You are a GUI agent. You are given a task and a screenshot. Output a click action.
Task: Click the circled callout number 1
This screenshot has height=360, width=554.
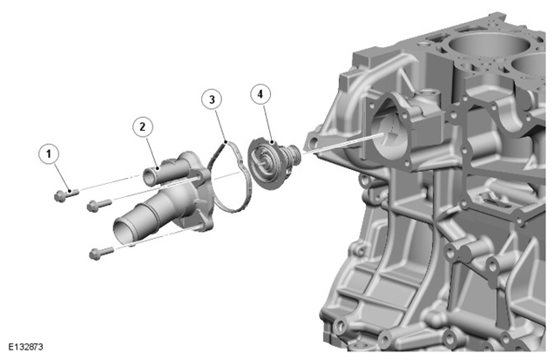[49, 153]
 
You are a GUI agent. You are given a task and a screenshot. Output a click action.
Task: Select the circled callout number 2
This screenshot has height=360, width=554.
[143, 126]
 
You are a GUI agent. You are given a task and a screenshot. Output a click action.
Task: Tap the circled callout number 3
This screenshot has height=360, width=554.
[212, 99]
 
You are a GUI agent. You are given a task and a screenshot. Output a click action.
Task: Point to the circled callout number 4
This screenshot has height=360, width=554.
[260, 94]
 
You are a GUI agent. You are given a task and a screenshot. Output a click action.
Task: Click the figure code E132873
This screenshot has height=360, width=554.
[26, 347]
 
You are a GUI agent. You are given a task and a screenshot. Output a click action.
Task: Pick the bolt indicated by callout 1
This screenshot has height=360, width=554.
[66, 194]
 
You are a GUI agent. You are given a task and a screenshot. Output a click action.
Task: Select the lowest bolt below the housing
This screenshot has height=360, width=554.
[102, 253]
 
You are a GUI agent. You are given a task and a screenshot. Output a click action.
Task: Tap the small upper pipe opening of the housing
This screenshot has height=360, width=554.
[149, 177]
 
